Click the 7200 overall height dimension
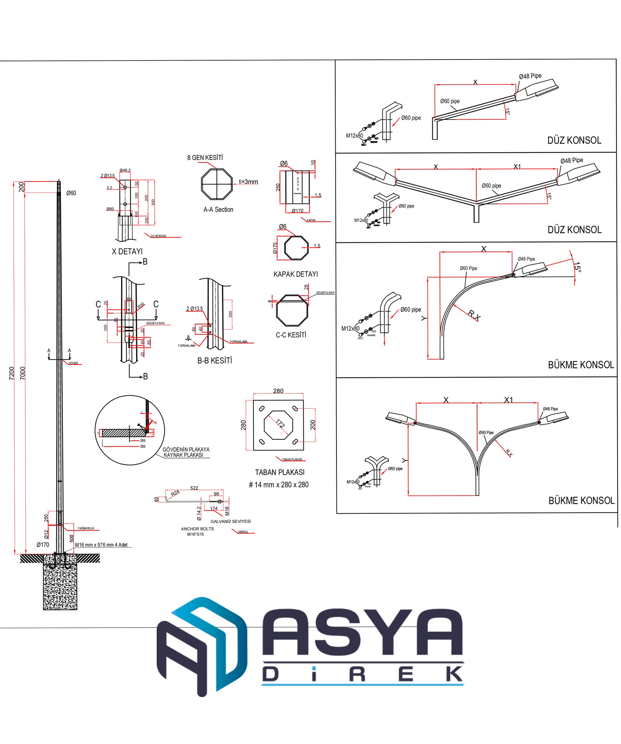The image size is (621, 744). pos(11,373)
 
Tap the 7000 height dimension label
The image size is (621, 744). pos(23,373)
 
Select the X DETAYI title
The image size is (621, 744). pos(127,251)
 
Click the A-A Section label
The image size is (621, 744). pos(218,209)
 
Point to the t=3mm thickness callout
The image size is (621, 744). pos(248,182)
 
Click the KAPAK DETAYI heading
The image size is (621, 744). pos(296,274)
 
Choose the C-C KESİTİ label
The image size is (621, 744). pos(291,335)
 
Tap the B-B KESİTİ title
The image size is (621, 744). pos(214,361)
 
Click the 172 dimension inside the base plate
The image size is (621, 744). pos(280,424)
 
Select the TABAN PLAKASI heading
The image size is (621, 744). pos(279,472)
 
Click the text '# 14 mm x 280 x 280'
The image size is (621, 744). pos(279,485)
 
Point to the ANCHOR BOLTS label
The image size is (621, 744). pos(197,529)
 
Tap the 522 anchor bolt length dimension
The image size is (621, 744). pos(194,488)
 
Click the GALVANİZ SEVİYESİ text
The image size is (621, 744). pos(231,521)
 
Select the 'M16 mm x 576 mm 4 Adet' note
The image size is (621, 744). pos(101,545)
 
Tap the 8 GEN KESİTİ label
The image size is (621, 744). pos(205,158)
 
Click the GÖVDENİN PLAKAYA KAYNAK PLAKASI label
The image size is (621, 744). pos(186,452)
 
